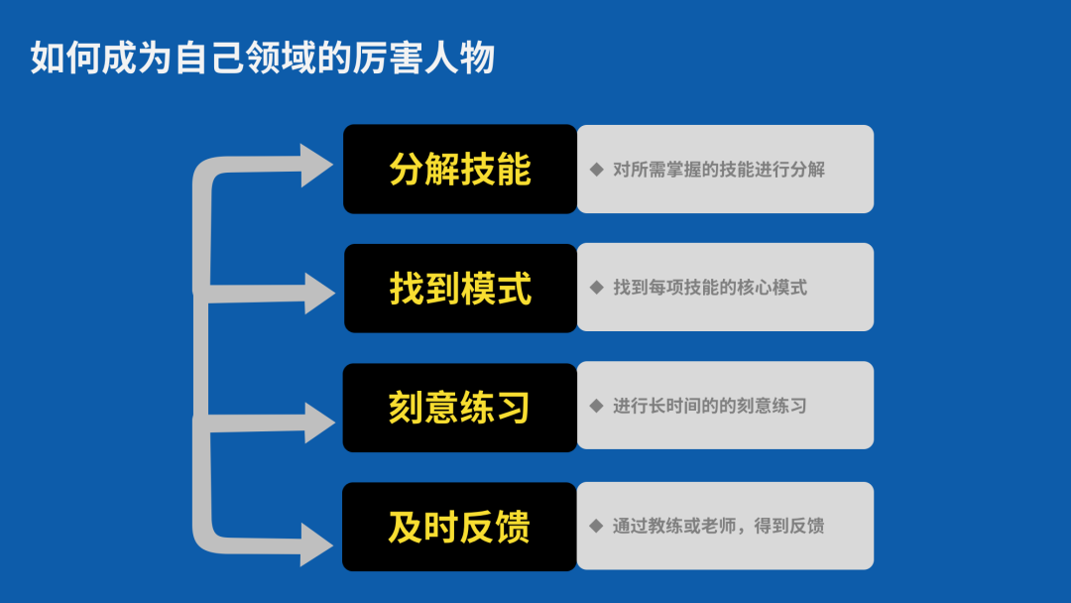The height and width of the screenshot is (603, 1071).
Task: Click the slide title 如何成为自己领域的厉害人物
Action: [262, 58]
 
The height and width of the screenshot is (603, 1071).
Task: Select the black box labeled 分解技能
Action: [460, 169]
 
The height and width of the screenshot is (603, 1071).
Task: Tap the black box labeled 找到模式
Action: [460, 289]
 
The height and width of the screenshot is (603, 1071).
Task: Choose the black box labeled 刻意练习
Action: [460, 408]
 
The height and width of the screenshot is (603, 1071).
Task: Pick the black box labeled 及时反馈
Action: [460, 527]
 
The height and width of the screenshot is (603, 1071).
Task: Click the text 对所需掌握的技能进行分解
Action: [719, 170]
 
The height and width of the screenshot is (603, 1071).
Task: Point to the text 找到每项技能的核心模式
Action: [710, 288]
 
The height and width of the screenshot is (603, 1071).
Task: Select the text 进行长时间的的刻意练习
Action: [710, 406]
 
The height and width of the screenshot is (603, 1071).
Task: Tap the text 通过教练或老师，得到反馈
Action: [718, 526]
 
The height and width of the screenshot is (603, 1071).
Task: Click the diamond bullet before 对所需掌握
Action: [596, 170]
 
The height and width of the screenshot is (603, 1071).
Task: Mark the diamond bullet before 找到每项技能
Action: [596, 288]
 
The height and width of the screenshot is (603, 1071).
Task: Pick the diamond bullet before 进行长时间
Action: [596, 406]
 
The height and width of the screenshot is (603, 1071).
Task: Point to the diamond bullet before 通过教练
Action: [596, 526]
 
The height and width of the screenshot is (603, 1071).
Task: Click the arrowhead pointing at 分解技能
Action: [315, 166]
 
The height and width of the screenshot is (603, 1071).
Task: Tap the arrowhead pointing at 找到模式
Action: [318, 294]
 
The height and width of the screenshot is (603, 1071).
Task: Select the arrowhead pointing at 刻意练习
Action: [318, 422]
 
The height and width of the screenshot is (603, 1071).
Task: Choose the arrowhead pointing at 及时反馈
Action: [315, 544]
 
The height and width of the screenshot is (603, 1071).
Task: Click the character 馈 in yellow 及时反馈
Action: [513, 528]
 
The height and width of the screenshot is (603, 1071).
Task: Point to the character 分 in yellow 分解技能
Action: [407, 170]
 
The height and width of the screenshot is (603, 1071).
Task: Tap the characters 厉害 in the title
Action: [388, 58]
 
